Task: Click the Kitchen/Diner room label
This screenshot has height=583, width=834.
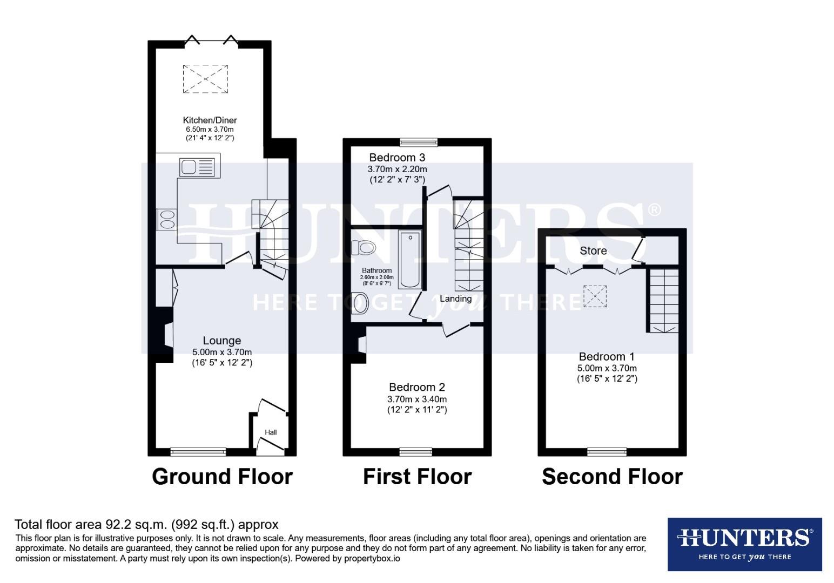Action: (x=210, y=120)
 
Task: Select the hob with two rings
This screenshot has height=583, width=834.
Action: (x=165, y=219)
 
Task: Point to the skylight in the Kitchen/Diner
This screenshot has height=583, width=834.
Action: (x=205, y=79)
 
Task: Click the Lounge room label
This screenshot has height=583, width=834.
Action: (x=221, y=341)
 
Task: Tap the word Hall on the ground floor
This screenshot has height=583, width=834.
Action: (x=271, y=432)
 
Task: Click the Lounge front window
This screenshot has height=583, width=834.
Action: (x=198, y=452)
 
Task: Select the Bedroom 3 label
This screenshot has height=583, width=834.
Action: (x=397, y=158)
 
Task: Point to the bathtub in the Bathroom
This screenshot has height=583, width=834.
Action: (x=410, y=259)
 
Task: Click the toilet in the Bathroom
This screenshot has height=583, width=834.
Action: (x=363, y=248)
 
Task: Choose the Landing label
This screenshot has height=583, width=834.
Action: (x=455, y=299)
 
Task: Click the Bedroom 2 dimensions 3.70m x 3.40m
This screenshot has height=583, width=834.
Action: (x=417, y=399)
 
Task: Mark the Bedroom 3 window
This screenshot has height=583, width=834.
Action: (x=418, y=143)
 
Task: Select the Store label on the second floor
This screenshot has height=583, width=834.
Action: (x=593, y=251)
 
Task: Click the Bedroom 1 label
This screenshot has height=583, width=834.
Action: (x=607, y=357)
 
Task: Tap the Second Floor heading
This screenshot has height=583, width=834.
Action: (x=612, y=477)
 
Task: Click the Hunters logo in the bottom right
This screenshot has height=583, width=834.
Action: (x=744, y=544)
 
